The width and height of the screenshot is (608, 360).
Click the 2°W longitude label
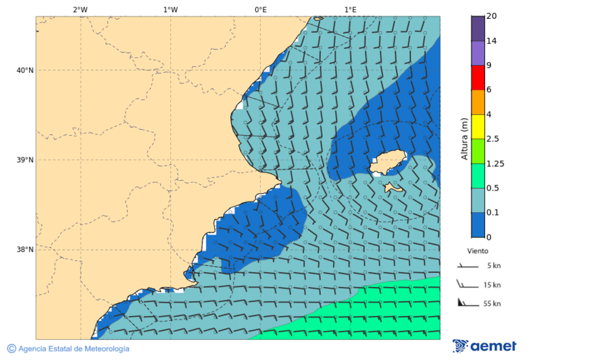(80, 9)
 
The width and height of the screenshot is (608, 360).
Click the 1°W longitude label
(170, 9)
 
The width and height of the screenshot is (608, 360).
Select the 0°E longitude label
(260, 9)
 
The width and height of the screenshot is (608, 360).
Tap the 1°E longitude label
(351, 9)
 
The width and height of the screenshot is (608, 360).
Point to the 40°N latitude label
(25, 70)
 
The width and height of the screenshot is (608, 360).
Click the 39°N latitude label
(25, 160)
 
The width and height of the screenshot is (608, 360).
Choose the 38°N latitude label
(25, 249)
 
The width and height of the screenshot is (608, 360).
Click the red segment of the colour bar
(478, 78)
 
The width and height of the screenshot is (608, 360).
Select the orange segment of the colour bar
(478, 102)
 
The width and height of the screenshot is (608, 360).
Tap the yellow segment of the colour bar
(478, 126)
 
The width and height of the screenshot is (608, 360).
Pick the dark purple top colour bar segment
(478, 28)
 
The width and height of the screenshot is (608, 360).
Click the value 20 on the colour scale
(492, 16)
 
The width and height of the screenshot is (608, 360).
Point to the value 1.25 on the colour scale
(496, 163)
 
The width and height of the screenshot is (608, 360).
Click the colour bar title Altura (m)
(464, 138)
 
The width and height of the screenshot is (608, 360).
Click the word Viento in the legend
(478, 251)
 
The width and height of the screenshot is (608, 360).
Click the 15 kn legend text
(492, 285)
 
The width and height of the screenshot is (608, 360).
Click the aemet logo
(484, 346)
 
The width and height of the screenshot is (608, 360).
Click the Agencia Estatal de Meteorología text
(73, 349)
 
